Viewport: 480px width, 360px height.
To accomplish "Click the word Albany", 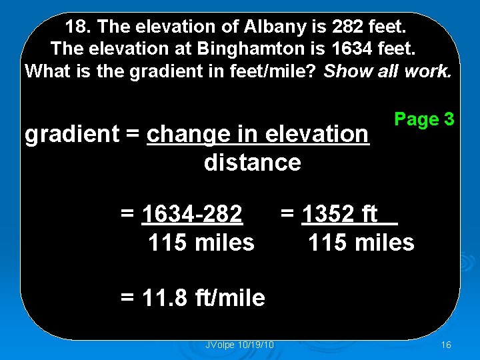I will (249, 28).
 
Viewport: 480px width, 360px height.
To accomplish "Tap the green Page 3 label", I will (424, 119).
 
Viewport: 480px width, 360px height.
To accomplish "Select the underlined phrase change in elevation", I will (257, 134).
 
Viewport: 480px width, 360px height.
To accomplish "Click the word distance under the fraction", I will (252, 162).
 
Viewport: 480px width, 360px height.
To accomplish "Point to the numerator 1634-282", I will (192, 215).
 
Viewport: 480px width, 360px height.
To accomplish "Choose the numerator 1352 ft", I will (340, 215).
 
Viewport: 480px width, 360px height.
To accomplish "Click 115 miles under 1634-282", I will (201, 243).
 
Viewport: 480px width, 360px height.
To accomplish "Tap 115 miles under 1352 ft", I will (361, 243).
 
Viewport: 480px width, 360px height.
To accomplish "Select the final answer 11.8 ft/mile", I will (193, 297).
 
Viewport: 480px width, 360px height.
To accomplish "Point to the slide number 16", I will (446, 344).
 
